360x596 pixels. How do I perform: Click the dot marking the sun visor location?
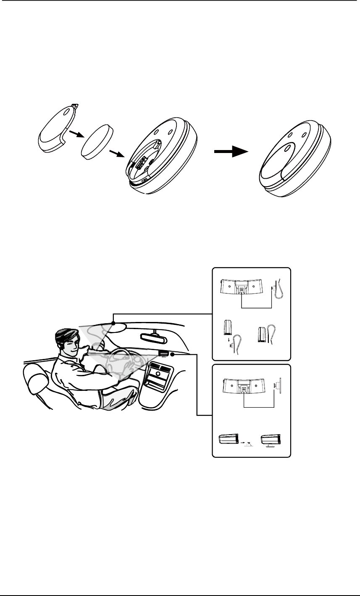(x=113, y=323)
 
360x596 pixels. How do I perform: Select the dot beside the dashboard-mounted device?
(x=173, y=355)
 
